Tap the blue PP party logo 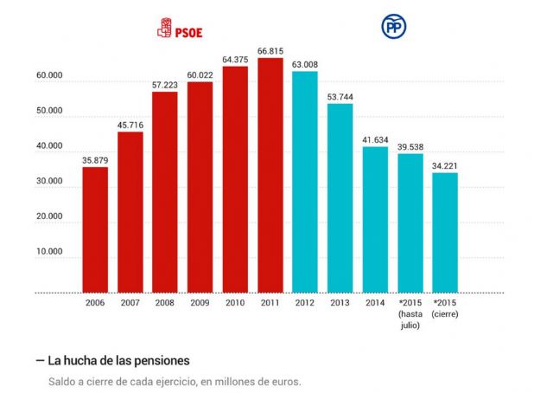394,28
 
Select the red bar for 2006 95,229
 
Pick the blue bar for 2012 305,182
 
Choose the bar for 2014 375,220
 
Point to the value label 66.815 270,51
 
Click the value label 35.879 95,160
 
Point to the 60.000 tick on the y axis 50,76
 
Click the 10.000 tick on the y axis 50,252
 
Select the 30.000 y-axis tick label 50,182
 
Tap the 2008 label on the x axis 165,302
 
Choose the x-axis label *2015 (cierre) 445,307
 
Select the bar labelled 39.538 410,223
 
